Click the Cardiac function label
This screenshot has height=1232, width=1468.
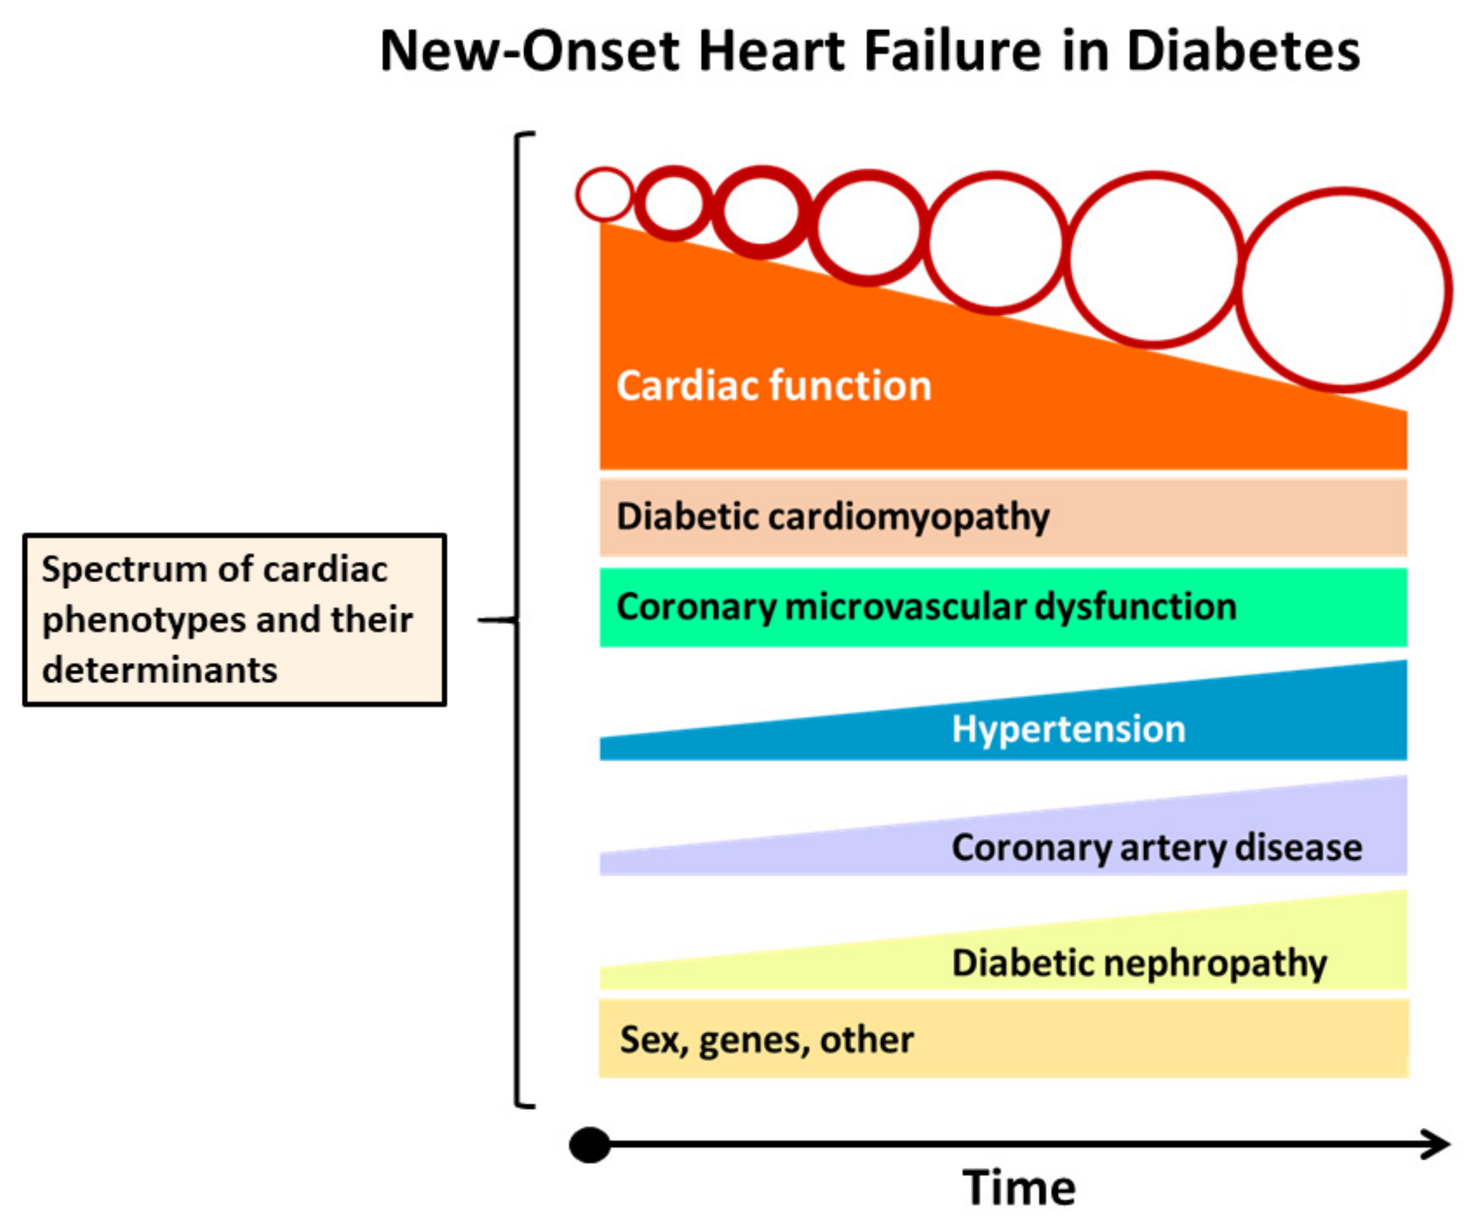click(x=774, y=386)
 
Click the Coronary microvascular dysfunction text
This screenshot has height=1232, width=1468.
click(x=926, y=607)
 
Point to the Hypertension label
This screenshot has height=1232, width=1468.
click(x=1068, y=729)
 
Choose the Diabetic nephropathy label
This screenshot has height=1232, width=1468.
click(x=1139, y=964)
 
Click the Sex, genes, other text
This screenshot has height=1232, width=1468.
click(x=766, y=1040)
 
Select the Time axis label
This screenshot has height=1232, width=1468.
click(x=1019, y=1188)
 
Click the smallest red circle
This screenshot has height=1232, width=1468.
click(x=605, y=195)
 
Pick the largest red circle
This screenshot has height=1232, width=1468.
click(x=1343, y=289)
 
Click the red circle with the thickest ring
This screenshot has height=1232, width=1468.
click(x=761, y=212)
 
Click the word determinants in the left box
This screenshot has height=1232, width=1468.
click(x=160, y=670)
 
